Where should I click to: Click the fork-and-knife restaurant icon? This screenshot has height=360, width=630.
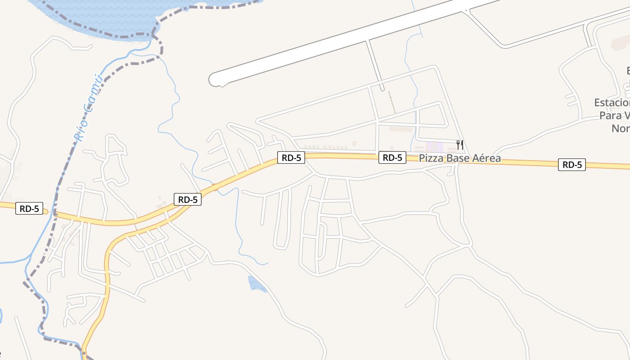459,144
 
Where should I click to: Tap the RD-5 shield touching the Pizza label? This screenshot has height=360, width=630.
392,157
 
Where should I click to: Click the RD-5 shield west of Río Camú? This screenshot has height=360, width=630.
29,209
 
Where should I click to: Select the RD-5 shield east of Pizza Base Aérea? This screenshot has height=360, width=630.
572,165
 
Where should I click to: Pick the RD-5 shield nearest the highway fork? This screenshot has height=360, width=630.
188,199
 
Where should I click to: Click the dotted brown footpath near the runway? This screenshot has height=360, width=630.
392,103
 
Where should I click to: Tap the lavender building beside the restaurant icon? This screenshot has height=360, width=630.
434,147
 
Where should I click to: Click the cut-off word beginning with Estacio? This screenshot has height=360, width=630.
612,103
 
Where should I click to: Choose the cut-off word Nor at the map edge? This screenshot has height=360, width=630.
621,129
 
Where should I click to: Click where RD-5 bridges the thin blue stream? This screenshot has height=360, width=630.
215,188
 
